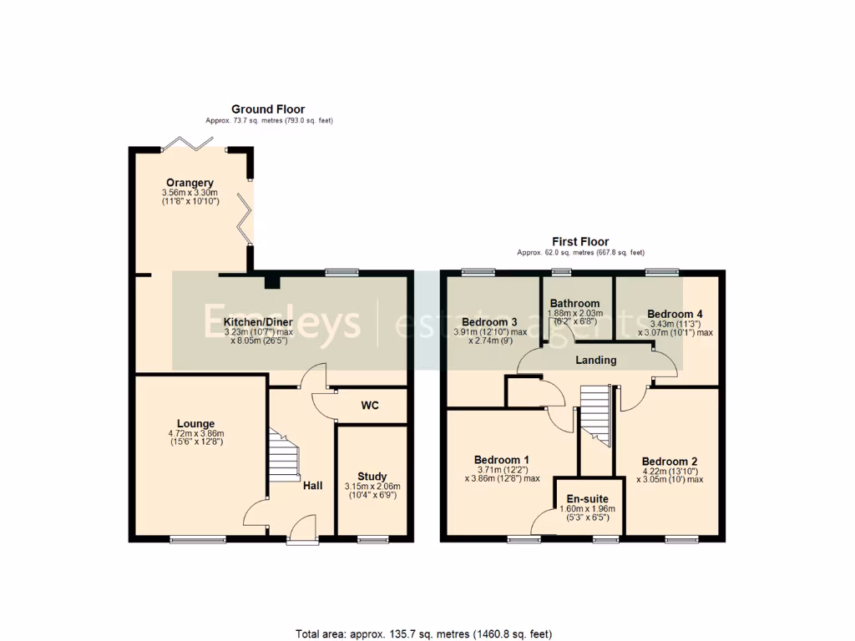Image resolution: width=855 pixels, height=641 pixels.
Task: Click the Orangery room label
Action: pyautogui.click(x=190, y=183)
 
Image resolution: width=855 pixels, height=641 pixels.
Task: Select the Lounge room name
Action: pyautogui.click(x=195, y=424)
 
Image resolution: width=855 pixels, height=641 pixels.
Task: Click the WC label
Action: pyautogui.click(x=370, y=406)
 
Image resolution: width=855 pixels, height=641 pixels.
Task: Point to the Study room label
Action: pyautogui.click(x=372, y=477)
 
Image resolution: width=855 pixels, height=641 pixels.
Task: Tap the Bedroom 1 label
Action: pyautogui.click(x=501, y=460)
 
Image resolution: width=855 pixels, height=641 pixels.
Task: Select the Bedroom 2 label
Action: pyautogui.click(x=669, y=462)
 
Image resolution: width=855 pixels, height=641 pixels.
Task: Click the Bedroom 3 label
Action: pyautogui.click(x=489, y=322)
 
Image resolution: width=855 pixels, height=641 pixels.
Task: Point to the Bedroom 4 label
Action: pyautogui.click(x=675, y=314)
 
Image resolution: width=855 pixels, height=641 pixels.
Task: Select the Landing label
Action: pyautogui.click(x=596, y=360)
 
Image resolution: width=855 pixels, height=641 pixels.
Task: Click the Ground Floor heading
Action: pyautogui.click(x=267, y=109)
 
